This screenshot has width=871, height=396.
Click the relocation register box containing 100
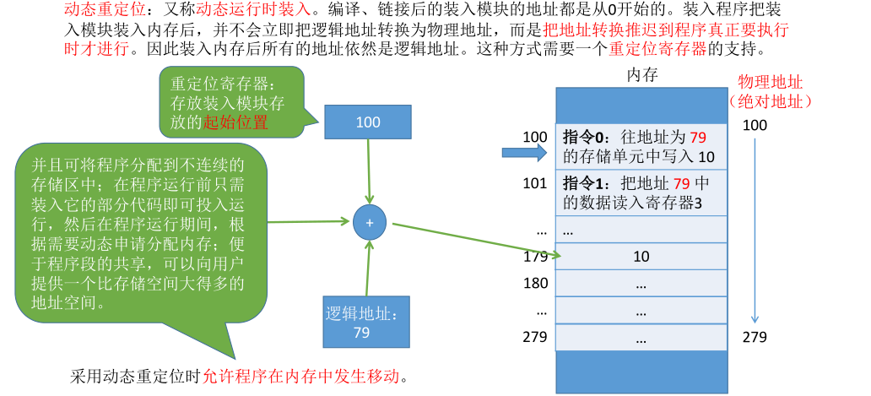(x=368, y=122)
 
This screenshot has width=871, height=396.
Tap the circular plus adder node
(x=369, y=222)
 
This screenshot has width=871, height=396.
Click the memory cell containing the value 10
(x=641, y=257)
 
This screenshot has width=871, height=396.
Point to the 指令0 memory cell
(x=641, y=147)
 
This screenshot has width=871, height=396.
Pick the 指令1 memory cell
(x=641, y=193)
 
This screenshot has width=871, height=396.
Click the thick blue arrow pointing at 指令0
(x=523, y=153)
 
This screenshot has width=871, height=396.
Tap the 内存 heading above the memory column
(x=641, y=75)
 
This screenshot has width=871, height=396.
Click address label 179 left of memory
(x=535, y=256)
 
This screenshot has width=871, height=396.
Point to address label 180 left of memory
(x=535, y=283)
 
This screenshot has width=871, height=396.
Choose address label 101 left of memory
(x=535, y=183)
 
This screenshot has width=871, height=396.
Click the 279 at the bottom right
(x=755, y=338)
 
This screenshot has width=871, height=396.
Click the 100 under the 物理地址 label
(x=755, y=125)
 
